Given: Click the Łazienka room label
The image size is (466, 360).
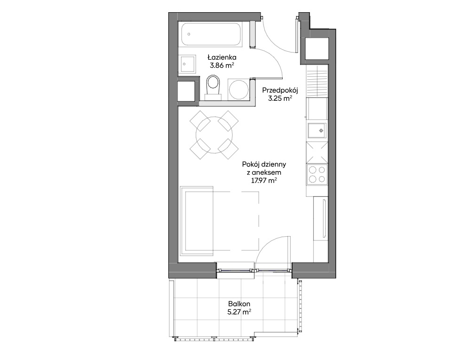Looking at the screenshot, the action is tap(222, 57).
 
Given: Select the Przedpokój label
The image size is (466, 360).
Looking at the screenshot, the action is tap(280, 90).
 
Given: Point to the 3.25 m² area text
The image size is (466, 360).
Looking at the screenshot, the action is tap(280, 99).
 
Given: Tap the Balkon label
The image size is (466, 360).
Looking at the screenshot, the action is tap(239, 304).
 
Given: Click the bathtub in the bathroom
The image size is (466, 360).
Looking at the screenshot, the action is tap(210, 34).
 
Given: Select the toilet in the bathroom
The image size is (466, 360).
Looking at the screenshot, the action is tap(213, 86).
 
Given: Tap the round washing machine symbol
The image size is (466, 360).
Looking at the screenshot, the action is tap(238, 90).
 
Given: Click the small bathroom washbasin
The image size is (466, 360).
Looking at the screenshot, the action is tap(187, 64).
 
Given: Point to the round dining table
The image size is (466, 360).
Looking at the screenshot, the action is tap(214, 135).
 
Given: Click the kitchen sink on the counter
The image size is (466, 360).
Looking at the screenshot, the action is tap(317, 130).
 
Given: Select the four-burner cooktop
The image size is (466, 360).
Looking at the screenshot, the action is tap(317, 174).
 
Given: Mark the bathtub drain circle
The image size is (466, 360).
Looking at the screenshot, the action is tap(189, 34).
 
